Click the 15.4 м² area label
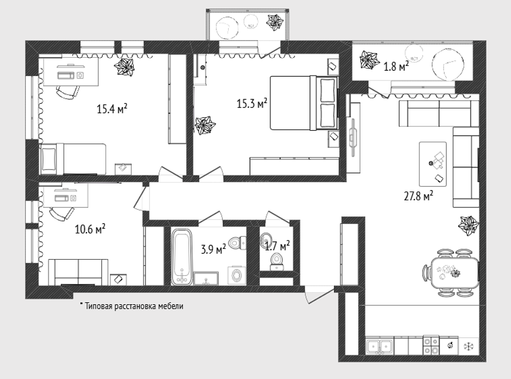pyautogui.click(x=112, y=109)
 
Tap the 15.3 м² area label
pyautogui.click(x=252, y=104)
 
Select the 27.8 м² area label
pyautogui.click(x=418, y=197)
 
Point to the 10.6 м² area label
pyautogui.click(x=90, y=229)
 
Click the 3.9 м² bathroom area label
pyautogui.click(x=214, y=250)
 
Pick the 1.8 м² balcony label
pyautogui.click(x=396, y=66)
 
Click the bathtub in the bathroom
pyautogui.click(x=182, y=257)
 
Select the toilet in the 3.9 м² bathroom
pyautogui.click(x=237, y=243)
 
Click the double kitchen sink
pyautogui.click(x=379, y=347)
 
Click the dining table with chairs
pyautogui.click(x=452, y=273)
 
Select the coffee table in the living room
pyautogui.click(x=433, y=164)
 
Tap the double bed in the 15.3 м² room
pyautogui.click(x=304, y=103)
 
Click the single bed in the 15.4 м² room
pyautogui.click(x=73, y=159)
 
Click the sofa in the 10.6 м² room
pyautogui.click(x=78, y=272)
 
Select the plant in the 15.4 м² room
pyautogui.click(x=124, y=67)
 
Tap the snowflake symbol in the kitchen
pyautogui.click(x=469, y=346)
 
